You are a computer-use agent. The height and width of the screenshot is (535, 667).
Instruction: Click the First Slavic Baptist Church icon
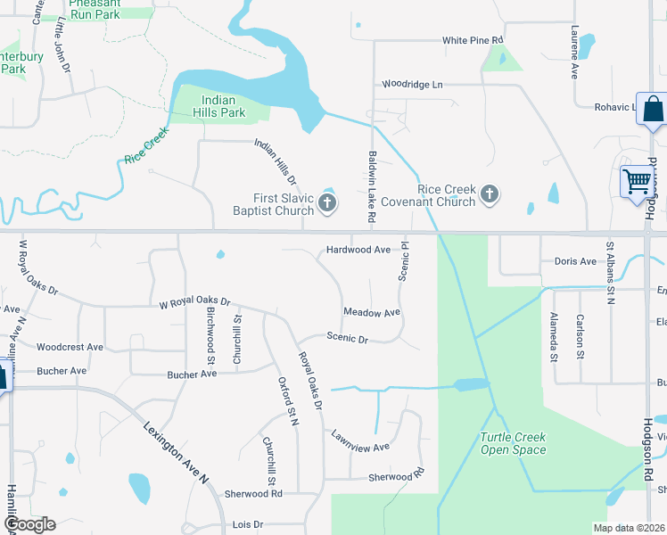327,205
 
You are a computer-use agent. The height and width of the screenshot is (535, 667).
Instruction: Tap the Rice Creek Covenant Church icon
489,193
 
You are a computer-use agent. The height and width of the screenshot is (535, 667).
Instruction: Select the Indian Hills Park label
219,107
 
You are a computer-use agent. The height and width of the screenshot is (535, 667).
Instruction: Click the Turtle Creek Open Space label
513,443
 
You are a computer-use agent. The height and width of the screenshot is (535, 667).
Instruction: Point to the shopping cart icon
638,181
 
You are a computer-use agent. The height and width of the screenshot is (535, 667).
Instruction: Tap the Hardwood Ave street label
358,251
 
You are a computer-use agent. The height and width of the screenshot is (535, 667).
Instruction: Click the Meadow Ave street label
372,313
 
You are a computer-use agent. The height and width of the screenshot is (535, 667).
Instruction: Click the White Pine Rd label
473,41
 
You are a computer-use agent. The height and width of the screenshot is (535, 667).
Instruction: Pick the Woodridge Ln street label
412,84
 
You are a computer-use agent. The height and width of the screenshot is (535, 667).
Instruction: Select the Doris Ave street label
575,261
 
